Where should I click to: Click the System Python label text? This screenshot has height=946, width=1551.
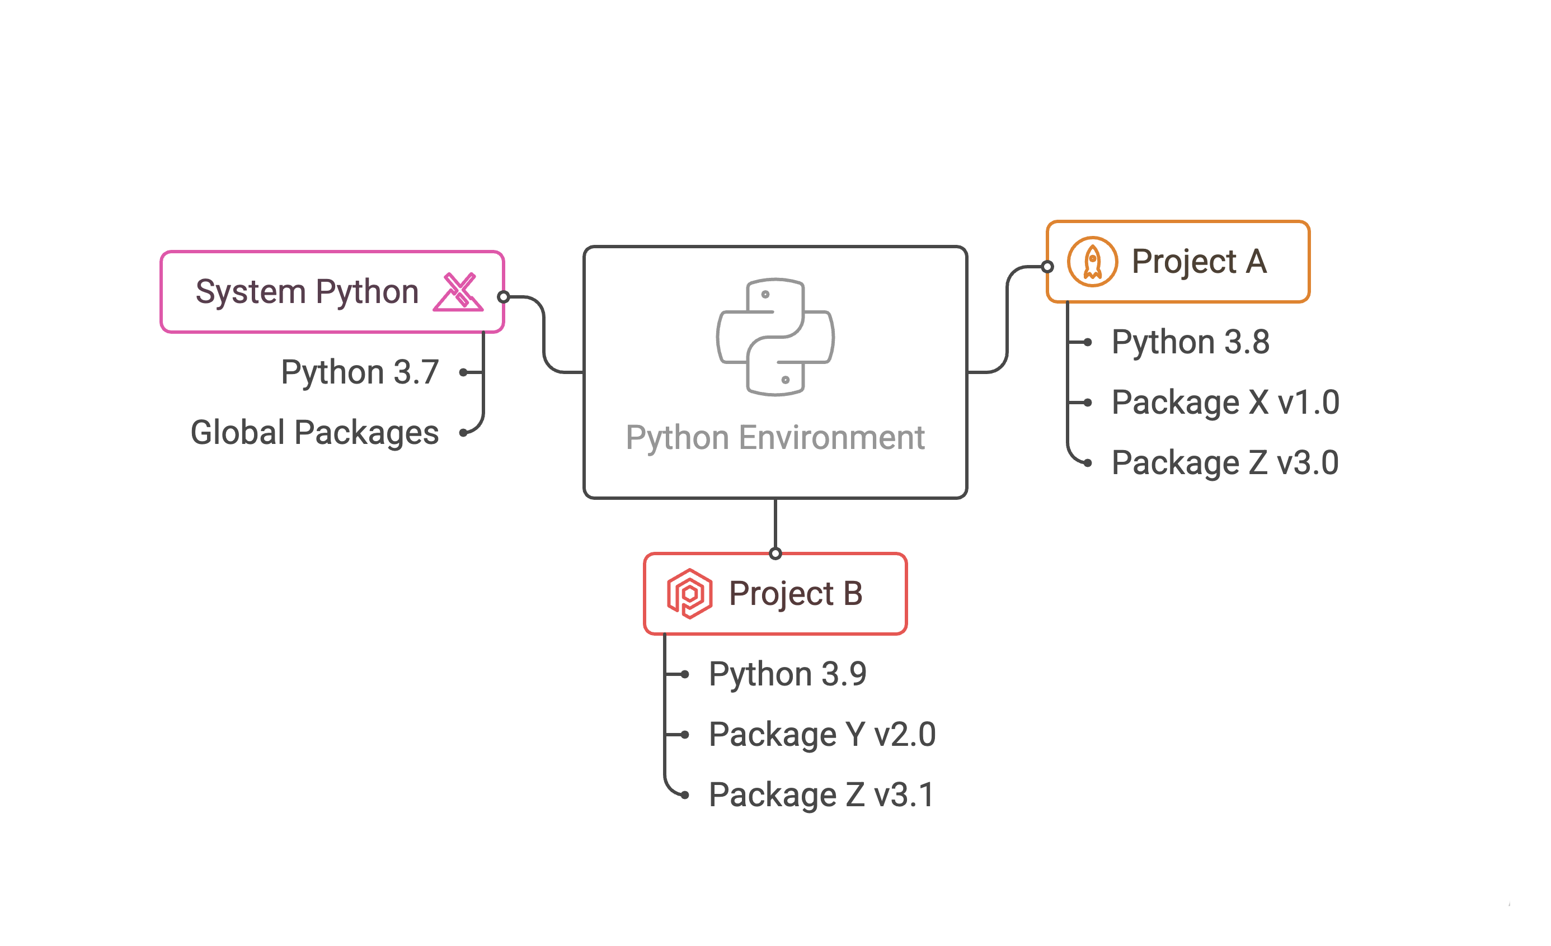click(307, 292)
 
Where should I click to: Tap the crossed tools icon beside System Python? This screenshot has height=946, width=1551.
click(458, 292)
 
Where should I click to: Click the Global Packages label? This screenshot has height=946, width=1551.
click(314, 432)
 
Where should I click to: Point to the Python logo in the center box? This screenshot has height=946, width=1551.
click(775, 337)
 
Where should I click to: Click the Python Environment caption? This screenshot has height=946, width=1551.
click(775, 437)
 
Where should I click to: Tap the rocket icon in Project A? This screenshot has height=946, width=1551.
click(1092, 262)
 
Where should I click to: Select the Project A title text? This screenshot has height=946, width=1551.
click(1198, 262)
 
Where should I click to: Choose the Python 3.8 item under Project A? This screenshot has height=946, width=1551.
click(1190, 342)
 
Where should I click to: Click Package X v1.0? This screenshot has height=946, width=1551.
click(1225, 402)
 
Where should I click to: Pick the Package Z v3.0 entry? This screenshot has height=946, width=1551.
click(1224, 462)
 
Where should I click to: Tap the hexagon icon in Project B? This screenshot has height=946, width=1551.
click(689, 593)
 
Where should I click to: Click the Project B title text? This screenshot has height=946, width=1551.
click(796, 593)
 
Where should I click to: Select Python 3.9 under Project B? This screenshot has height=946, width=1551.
click(787, 674)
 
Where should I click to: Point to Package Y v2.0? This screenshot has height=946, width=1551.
click(822, 734)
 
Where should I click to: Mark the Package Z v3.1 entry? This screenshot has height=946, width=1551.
click(821, 794)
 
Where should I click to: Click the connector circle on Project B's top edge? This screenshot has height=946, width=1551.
click(775, 554)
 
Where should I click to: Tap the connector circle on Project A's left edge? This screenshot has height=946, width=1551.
click(1047, 267)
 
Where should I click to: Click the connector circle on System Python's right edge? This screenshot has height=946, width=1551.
click(504, 297)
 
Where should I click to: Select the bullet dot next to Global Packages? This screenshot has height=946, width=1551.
click(463, 432)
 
